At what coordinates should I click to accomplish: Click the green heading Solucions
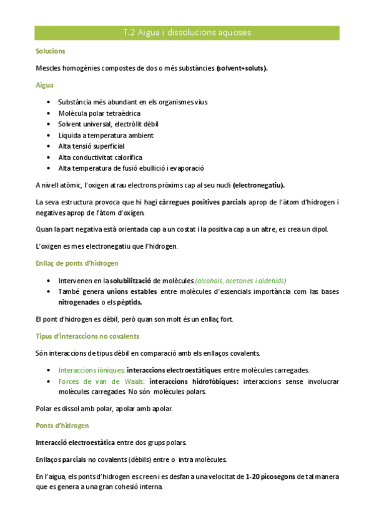point(51,51)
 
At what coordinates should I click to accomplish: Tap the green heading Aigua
point(45,84)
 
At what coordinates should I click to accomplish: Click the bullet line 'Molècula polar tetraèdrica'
point(99,113)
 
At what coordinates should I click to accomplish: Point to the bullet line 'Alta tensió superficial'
point(91,146)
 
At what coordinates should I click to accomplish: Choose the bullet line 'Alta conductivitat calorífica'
point(100,157)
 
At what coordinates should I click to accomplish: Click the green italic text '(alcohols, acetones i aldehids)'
point(240,281)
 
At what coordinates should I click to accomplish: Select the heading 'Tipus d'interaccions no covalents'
point(87,336)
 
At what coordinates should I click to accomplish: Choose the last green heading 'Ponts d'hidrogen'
point(62,426)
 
